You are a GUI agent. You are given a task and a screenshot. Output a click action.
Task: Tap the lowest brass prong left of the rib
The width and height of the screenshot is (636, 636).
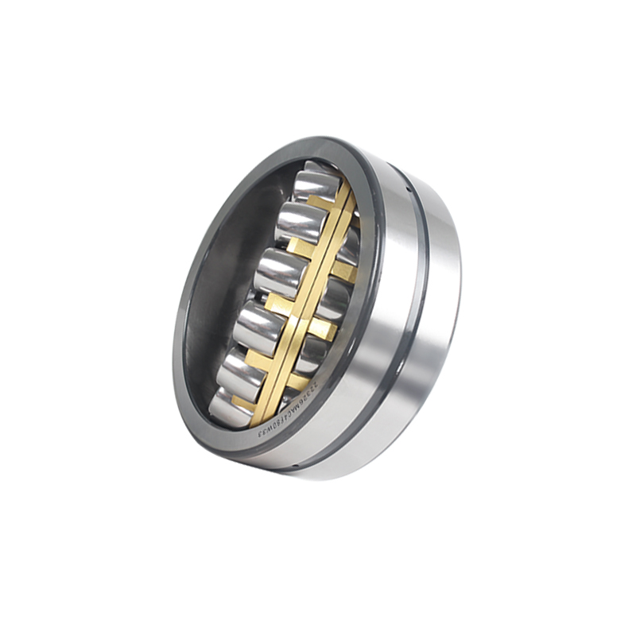(x=242, y=401)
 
